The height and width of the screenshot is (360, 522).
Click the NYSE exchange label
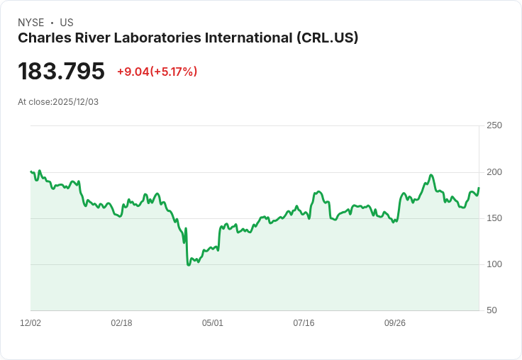pos(30,23)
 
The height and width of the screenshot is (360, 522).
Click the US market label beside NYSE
pos(67,23)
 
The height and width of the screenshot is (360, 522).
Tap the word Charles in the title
pos(41,38)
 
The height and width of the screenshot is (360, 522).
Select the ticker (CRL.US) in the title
pos(327,38)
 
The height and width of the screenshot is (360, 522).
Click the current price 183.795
pos(61,71)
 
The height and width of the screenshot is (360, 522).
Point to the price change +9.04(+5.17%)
pos(157,72)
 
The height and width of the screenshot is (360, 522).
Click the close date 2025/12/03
pos(75,102)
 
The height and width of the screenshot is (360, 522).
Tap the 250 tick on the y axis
pos(494,125)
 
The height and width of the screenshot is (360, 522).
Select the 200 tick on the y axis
pos(494,172)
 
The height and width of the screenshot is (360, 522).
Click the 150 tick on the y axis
pos(494,218)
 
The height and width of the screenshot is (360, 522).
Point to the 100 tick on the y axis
pos(494,264)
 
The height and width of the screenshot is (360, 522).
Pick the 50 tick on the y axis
pos(492,310)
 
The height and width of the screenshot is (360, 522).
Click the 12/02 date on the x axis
pos(30,323)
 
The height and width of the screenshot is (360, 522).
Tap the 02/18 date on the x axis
pos(121,323)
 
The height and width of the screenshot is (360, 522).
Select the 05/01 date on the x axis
pos(213,323)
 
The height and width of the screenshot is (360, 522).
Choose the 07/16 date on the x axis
pos(304,323)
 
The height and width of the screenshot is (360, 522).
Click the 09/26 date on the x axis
pos(395,323)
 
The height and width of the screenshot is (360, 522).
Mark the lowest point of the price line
pos(189,265)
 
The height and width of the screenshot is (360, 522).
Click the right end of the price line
pos(479,188)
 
